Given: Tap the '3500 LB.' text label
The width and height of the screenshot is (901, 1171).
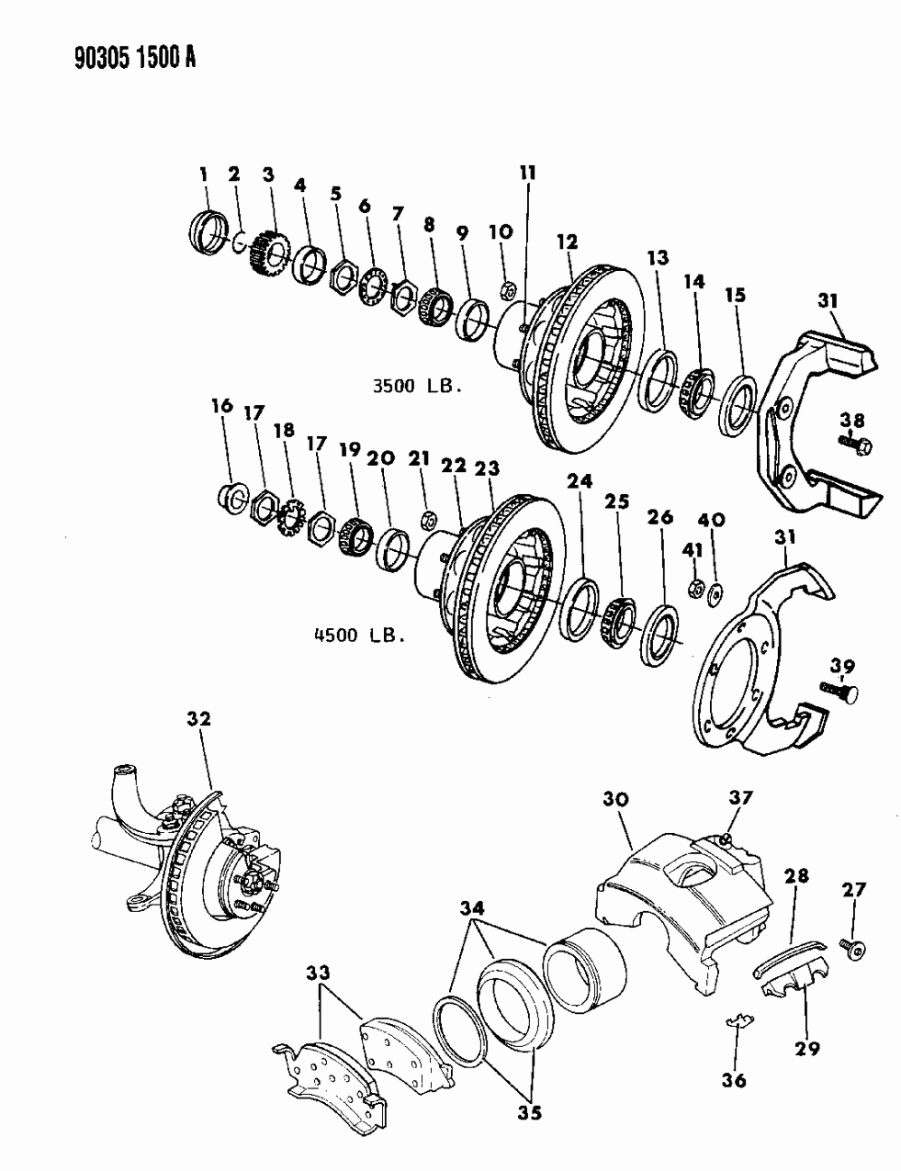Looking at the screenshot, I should (x=415, y=387).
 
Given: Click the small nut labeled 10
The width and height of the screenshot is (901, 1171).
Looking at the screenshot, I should (x=506, y=292).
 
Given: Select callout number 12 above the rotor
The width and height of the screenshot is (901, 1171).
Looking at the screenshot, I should (x=568, y=242).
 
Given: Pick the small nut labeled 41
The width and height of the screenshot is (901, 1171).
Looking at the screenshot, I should (x=696, y=587).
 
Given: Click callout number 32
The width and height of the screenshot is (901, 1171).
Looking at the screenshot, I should (x=198, y=719).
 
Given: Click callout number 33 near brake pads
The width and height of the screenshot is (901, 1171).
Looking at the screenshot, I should (x=321, y=972).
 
